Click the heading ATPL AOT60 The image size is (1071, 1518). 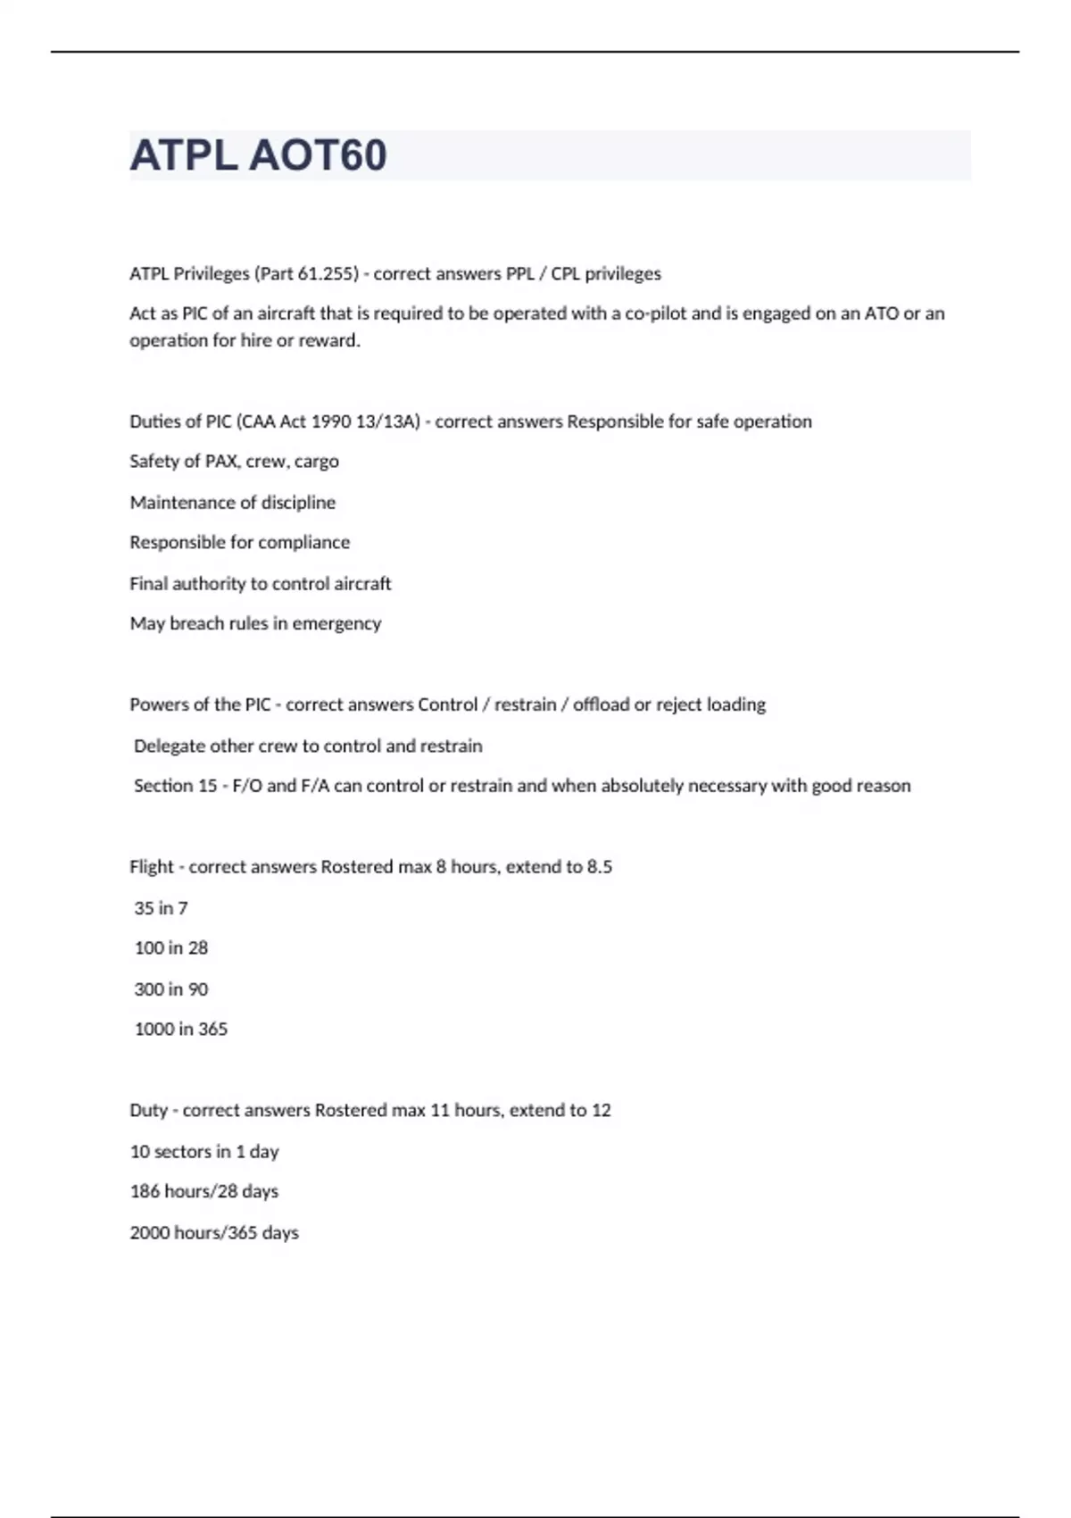click(258, 155)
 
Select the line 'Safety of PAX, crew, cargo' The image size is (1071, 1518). click(234, 462)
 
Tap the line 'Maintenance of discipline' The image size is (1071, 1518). click(232, 503)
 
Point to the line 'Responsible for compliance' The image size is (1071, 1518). click(239, 542)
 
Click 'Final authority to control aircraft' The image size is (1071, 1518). click(260, 583)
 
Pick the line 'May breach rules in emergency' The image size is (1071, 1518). click(255, 623)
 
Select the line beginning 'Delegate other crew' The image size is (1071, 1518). click(308, 746)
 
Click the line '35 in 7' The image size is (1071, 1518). click(161, 908)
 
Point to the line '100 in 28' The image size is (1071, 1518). click(170, 948)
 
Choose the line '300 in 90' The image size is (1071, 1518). click(170, 989)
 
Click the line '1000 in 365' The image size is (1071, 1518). click(180, 1030)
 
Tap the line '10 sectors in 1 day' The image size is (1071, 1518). click(204, 1152)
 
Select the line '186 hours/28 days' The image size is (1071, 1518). click(203, 1191)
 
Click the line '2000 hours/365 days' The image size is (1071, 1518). click(214, 1233)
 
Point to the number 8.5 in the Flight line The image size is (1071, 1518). click(599, 867)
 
